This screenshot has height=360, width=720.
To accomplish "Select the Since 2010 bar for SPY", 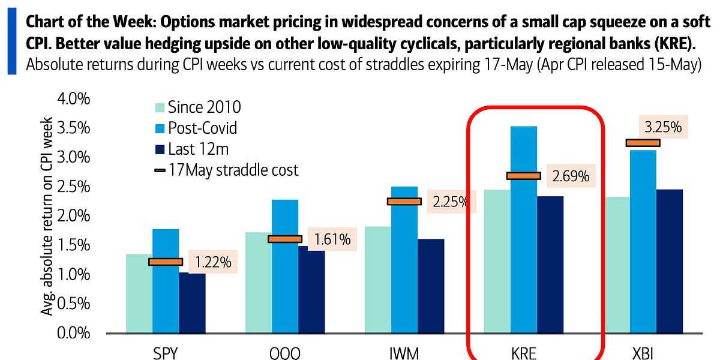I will click(139, 294).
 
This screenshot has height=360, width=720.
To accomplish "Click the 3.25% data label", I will click(663, 127).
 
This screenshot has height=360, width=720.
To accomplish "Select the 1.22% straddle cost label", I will click(212, 262).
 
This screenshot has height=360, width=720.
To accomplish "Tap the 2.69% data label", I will click(571, 176).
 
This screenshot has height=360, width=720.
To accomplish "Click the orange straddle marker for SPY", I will click(166, 262).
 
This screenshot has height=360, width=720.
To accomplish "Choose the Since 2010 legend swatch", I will click(159, 108).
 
